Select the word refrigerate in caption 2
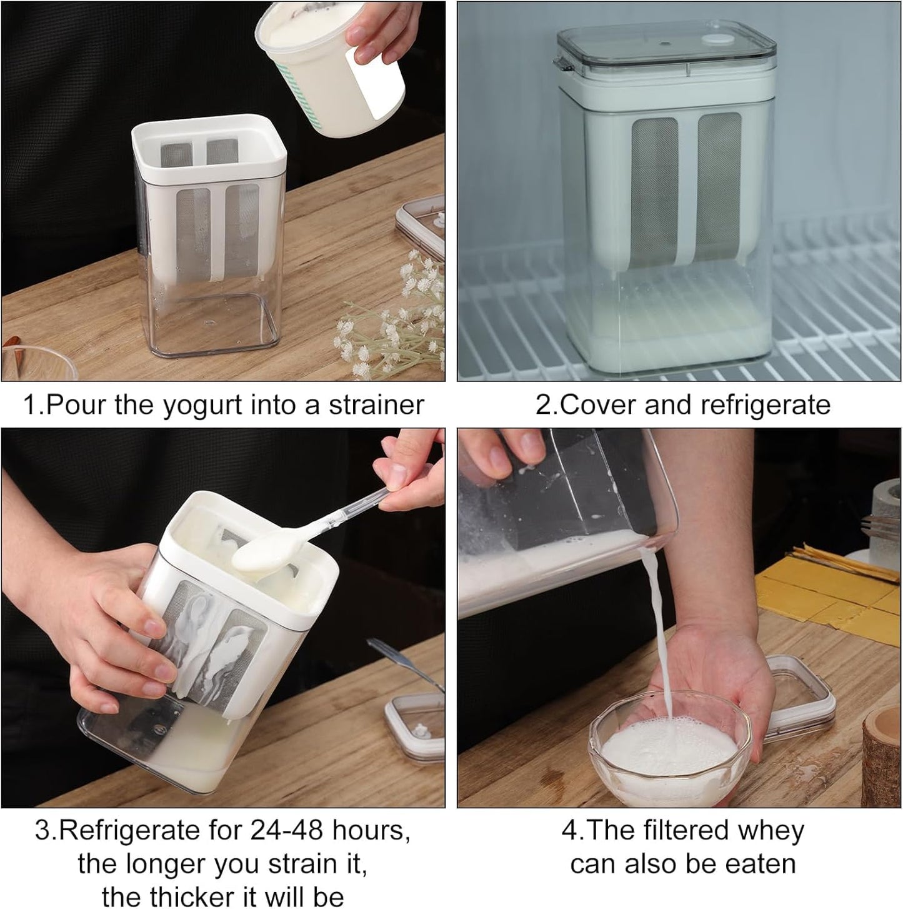(764, 405)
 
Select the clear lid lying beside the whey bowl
(803, 694)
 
